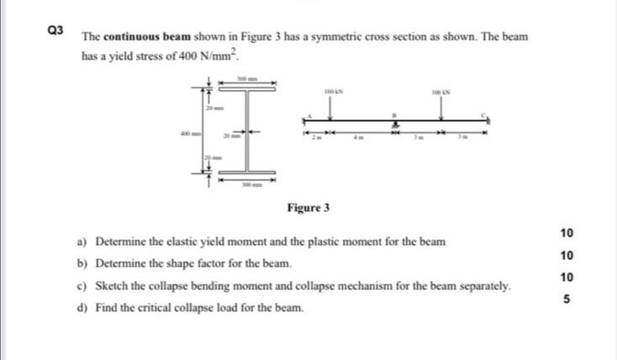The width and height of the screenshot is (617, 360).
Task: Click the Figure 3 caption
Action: pos(308,207)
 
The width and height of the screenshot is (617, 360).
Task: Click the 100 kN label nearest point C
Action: pos(441,88)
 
